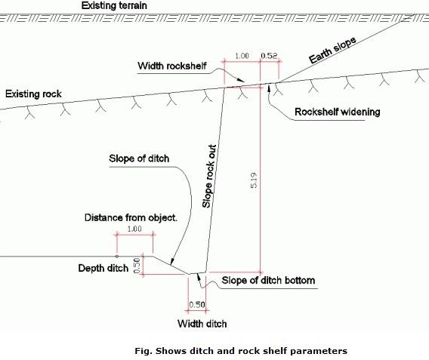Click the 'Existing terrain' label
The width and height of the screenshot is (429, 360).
[114, 5]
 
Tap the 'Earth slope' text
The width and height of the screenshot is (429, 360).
[332, 50]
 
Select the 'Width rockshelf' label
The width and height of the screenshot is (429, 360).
[171, 66]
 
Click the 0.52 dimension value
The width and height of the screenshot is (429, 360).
[269, 56]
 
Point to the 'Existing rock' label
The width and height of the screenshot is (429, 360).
[33, 94]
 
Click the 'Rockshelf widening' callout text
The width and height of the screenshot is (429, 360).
[338, 112]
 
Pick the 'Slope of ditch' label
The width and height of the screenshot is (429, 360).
[139, 158]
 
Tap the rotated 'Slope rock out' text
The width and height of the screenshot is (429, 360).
[209, 177]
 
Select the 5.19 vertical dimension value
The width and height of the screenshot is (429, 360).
[254, 180]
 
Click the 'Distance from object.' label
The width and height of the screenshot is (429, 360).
[131, 217]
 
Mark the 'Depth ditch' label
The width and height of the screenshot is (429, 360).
[103, 268]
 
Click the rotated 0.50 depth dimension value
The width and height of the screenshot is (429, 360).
[137, 266]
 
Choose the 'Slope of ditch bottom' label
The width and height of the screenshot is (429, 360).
[268, 281]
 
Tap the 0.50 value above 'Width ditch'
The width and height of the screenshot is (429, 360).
[197, 304]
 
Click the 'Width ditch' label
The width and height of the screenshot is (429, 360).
[202, 324]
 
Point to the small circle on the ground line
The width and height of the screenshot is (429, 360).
[117, 256]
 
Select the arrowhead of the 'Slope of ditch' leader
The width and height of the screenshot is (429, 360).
[172, 262]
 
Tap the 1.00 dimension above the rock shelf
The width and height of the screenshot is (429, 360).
[242, 56]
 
